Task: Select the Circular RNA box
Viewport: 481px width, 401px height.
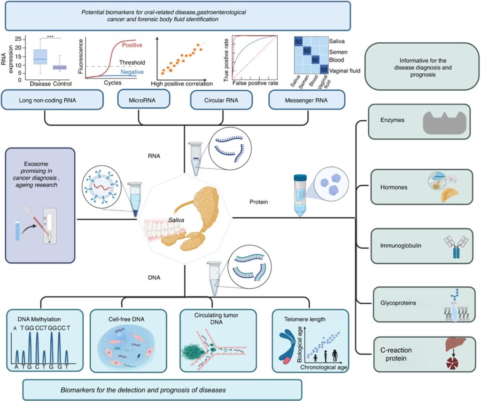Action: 221,100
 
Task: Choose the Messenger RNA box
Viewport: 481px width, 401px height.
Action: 307,100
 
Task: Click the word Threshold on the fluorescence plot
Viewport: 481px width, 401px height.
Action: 132,62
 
